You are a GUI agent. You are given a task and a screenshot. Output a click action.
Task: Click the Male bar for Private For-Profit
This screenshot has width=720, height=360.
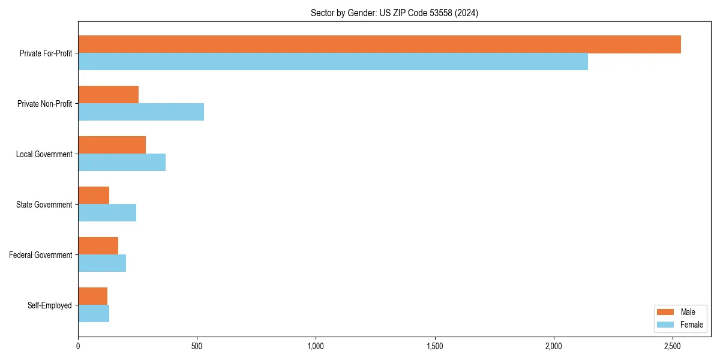pyautogui.click(x=379, y=44)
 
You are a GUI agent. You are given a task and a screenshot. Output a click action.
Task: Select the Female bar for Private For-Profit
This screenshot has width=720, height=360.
pyautogui.click(x=333, y=62)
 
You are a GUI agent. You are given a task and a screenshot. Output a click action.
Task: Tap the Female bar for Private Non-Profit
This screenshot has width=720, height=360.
pyautogui.click(x=141, y=112)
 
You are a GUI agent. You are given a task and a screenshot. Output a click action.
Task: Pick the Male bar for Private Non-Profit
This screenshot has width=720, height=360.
pyautogui.click(x=108, y=95)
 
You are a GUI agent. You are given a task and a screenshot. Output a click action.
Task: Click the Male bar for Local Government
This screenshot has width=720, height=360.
pyautogui.click(x=112, y=145)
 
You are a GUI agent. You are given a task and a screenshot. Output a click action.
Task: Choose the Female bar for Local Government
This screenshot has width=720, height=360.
pyautogui.click(x=122, y=163)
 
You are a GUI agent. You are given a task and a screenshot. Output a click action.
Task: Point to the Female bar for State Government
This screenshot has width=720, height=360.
pyautogui.click(x=107, y=213)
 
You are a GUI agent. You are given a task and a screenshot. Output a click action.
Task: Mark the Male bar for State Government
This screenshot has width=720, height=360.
pyautogui.click(x=94, y=196)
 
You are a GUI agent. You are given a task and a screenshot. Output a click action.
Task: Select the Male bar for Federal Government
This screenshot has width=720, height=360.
pyautogui.click(x=98, y=246)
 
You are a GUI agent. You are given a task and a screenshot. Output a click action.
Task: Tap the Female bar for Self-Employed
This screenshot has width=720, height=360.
pyautogui.click(x=94, y=314)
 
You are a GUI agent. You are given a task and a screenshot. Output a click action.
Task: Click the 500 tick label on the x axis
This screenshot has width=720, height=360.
pyautogui.click(x=197, y=346)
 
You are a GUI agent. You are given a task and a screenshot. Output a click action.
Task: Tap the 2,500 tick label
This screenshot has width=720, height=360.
pyautogui.click(x=672, y=346)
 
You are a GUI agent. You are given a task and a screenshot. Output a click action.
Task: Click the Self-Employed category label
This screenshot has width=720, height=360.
pyautogui.click(x=49, y=305)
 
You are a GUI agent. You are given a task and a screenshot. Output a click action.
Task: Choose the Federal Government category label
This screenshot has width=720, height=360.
pyautogui.click(x=40, y=255)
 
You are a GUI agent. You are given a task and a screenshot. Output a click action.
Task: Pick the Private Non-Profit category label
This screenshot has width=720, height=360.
pyautogui.click(x=44, y=104)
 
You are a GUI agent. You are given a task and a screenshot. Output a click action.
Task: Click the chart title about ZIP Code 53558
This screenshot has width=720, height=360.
pyautogui.click(x=394, y=13)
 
